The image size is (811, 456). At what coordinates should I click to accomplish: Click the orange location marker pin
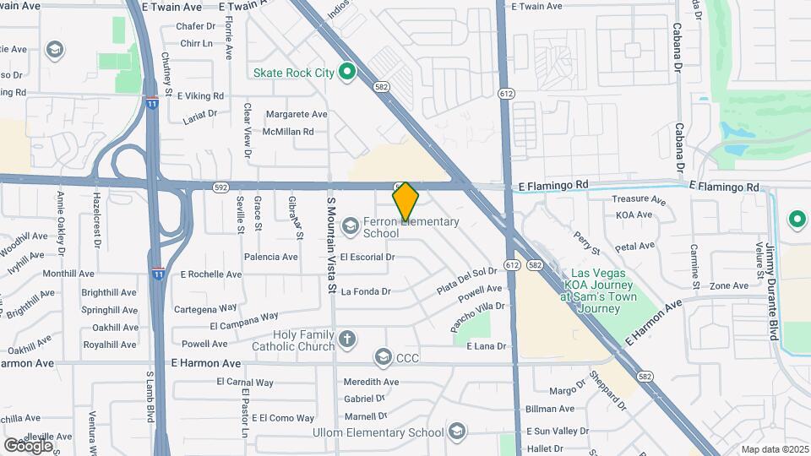coord(405,202)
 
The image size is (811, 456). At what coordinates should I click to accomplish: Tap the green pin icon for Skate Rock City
coord(346,73)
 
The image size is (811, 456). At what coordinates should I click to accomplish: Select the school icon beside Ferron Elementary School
coord(350,225)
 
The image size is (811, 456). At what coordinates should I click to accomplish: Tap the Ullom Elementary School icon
coord(457,432)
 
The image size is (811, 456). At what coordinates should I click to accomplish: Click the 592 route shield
coord(221,187)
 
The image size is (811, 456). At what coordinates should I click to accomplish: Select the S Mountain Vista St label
coord(332,245)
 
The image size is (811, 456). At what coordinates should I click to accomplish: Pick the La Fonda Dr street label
coord(366,292)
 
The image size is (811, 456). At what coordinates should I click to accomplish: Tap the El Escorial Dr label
coord(368,257)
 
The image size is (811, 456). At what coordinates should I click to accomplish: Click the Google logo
coord(29,445)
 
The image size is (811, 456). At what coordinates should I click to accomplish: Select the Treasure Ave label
coord(640,200)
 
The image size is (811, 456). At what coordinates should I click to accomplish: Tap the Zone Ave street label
coord(728,286)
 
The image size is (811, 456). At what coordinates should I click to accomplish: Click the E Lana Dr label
coord(487,346)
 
